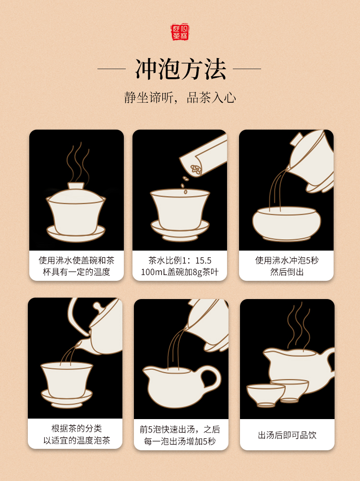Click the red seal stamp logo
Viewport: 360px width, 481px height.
coord(180,32)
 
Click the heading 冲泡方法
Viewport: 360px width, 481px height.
coord(180,69)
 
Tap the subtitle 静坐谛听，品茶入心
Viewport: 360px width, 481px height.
coord(180,98)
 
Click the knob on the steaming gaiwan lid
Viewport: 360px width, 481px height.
coord(76,186)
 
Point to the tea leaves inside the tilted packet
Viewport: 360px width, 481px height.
coord(195,169)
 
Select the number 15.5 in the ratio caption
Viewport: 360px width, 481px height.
coord(204,261)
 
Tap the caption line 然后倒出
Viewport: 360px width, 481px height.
coord(287,272)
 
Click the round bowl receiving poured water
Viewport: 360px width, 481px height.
coord(287,224)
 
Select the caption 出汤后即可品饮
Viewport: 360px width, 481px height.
coord(287,435)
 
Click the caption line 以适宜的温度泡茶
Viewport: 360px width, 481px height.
coord(76,441)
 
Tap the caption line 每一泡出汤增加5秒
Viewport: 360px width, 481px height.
coord(180,442)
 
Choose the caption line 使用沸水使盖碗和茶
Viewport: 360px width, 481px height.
coord(76,261)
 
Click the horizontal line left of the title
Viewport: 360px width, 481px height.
coord(112,69)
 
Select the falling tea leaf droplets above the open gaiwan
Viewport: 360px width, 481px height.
coord(184,185)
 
